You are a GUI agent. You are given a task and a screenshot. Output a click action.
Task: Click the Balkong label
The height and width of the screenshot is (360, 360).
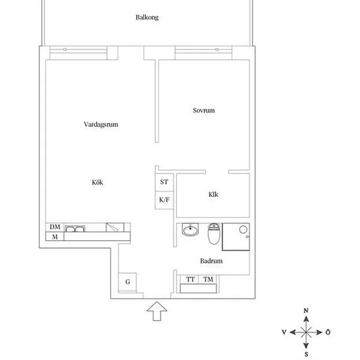(147, 18)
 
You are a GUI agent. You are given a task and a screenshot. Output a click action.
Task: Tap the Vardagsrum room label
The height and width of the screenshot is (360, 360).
(101, 124)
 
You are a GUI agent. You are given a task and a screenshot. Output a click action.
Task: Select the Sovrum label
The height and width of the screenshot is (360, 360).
(204, 111)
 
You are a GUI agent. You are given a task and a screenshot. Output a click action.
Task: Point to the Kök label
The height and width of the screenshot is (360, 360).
(98, 183)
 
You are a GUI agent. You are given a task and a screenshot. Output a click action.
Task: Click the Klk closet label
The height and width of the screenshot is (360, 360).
(213, 194)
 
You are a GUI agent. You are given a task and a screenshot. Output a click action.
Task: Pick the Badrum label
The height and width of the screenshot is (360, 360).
(211, 261)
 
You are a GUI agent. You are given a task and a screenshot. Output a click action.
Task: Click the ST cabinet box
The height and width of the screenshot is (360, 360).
(164, 183)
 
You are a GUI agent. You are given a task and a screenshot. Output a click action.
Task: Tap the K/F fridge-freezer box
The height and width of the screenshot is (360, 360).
(164, 200)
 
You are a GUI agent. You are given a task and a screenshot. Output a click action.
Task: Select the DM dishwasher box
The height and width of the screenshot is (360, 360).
(55, 227)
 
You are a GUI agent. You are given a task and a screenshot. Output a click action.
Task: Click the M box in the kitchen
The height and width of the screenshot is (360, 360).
(55, 236)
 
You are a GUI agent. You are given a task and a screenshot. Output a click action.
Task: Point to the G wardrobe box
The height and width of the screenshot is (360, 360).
(128, 282)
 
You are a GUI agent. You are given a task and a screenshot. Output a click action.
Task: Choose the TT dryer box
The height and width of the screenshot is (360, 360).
(190, 279)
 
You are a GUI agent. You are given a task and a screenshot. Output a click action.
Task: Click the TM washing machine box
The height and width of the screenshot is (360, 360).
(207, 279)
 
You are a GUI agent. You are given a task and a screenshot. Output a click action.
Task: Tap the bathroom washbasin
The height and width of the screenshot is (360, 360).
(190, 230)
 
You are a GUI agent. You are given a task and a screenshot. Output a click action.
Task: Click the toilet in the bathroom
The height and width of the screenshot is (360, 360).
(214, 234)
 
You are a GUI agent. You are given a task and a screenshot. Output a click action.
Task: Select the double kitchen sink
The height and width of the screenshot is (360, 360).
(75, 229)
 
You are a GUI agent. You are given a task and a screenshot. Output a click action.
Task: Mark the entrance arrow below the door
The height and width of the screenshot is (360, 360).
(157, 311)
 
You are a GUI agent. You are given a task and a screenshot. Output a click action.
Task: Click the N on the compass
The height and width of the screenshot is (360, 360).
(306, 311)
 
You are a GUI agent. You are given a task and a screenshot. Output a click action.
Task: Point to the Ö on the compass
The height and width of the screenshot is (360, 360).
(328, 332)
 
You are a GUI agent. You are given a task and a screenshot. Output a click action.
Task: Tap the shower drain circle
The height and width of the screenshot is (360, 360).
(243, 229)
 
